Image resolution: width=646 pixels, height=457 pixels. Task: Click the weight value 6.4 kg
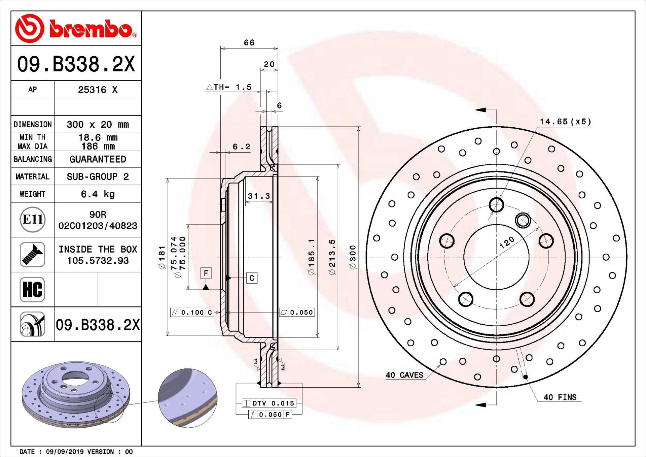pyautogui.click(x=98, y=194)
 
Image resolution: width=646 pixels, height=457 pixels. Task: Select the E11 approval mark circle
pyautogui.click(x=32, y=220)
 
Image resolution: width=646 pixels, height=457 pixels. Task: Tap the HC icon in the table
pyautogui.click(x=32, y=289)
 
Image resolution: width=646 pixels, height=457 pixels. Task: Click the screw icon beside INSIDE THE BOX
pyautogui.click(x=32, y=255)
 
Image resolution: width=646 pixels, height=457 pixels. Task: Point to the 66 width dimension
pyautogui.click(x=249, y=43)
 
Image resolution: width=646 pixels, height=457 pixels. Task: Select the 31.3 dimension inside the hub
pyautogui.click(x=258, y=196)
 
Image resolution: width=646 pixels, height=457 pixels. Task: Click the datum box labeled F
pyautogui.click(x=206, y=273)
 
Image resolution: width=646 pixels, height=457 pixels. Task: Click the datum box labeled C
pyautogui.click(x=252, y=278)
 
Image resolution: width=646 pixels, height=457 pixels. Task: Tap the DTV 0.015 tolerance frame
pyautogui.click(x=269, y=403)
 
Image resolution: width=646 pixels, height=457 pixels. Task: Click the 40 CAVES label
pyautogui.click(x=404, y=375)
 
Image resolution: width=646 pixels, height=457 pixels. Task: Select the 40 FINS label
pyautogui.click(x=560, y=397)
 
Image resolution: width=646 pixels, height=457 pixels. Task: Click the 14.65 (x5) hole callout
pyautogui.click(x=565, y=122)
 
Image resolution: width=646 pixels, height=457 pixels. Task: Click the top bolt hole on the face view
pyautogui.click(x=496, y=204)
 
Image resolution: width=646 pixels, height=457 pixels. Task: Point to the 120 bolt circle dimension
pyautogui.click(x=507, y=242)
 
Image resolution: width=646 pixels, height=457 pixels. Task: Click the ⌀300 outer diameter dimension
pyautogui.click(x=353, y=257)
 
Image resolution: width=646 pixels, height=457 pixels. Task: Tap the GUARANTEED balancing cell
pyautogui.click(x=98, y=159)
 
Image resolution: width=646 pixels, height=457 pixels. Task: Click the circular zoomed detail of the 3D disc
pyautogui.click(x=188, y=398)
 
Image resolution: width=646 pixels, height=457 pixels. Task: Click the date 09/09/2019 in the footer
pyautogui.click(x=63, y=452)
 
